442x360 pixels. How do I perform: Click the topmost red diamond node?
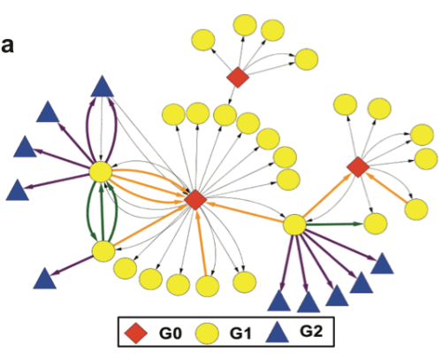238,78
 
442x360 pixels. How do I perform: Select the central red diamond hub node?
195,200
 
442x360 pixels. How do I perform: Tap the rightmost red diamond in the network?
357,165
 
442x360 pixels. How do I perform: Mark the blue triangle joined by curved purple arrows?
102,87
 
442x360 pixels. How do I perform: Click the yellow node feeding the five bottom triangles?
294,225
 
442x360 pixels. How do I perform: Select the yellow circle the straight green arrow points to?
375,223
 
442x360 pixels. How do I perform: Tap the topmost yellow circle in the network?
271,28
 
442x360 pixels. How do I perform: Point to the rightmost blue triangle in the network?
382,263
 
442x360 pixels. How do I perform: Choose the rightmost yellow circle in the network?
427,159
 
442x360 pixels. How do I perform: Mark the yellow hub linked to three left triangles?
101,172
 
